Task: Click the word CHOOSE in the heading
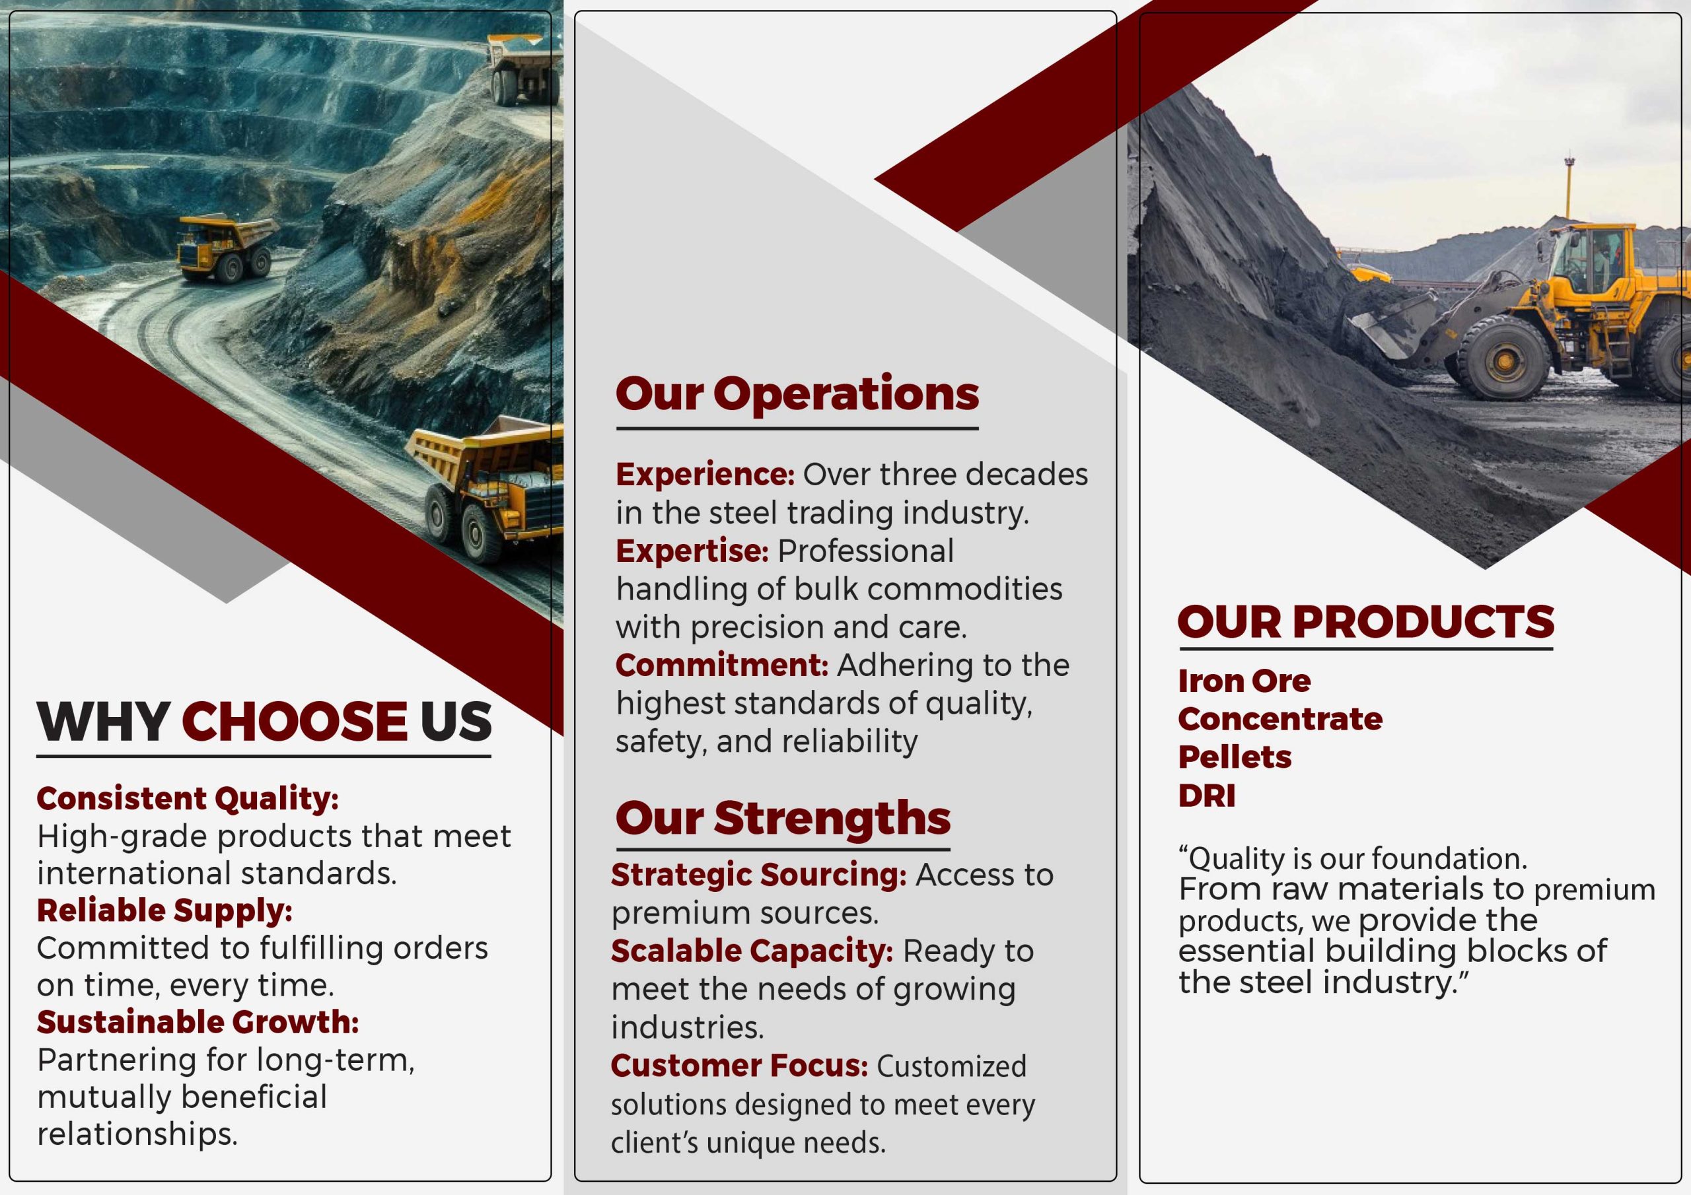coord(294,721)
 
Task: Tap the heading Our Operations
coord(797,395)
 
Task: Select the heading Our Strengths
coord(783,818)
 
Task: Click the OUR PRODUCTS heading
coord(1365,621)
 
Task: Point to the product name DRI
coord(1206,795)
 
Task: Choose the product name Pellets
coord(1235,757)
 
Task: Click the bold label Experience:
coord(705,475)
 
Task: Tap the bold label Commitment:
coord(722,665)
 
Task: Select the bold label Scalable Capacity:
coord(752,951)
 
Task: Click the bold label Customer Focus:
coord(739,1066)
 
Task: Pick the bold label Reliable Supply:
coord(165,911)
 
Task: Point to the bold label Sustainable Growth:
coord(198,1022)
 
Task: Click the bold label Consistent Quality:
coord(188,799)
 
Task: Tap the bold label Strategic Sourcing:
coord(758,875)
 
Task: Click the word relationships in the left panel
coord(137,1134)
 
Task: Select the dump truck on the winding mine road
coord(225,249)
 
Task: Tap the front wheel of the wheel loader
coord(1503,358)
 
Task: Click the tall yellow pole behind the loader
coord(1569,187)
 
